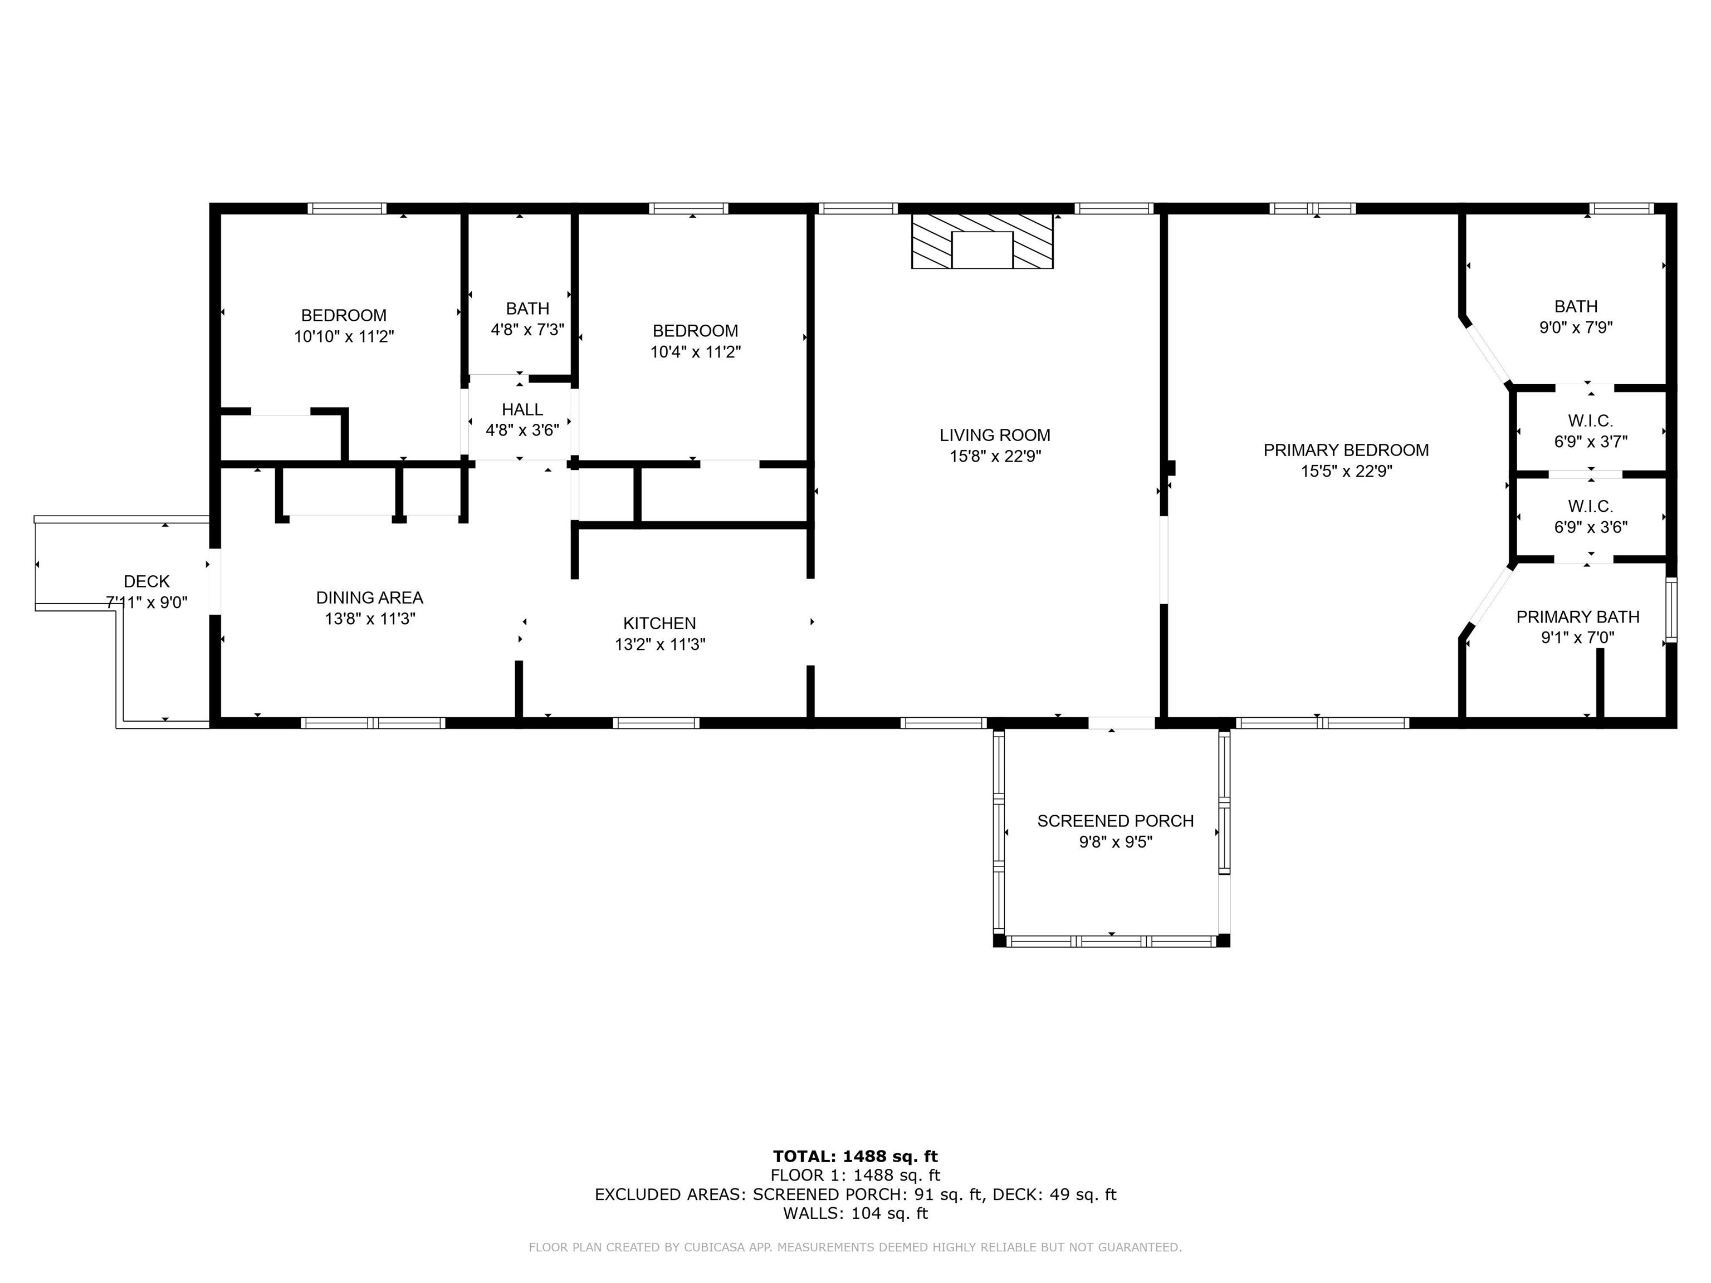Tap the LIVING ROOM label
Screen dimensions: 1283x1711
pos(995,435)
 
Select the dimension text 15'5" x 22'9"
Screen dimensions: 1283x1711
pos(1346,471)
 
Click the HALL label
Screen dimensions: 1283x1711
pos(522,409)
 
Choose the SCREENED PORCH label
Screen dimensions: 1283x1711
pos(1114,821)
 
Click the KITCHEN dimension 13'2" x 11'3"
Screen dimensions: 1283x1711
pos(660,644)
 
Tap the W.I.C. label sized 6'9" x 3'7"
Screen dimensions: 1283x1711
pos(1590,421)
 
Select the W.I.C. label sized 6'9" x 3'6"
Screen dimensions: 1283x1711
pos(1590,507)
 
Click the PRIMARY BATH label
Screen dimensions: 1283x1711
pos(1577,616)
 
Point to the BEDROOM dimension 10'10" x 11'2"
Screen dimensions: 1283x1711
pos(344,336)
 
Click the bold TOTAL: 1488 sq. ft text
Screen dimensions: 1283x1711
pos(855,1156)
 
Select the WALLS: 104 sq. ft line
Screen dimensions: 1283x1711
pos(855,1213)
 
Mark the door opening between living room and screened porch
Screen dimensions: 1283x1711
pos(1122,723)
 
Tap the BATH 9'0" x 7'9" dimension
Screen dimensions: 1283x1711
pos(1576,327)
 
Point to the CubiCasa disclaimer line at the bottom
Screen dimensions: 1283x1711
pos(855,1247)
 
